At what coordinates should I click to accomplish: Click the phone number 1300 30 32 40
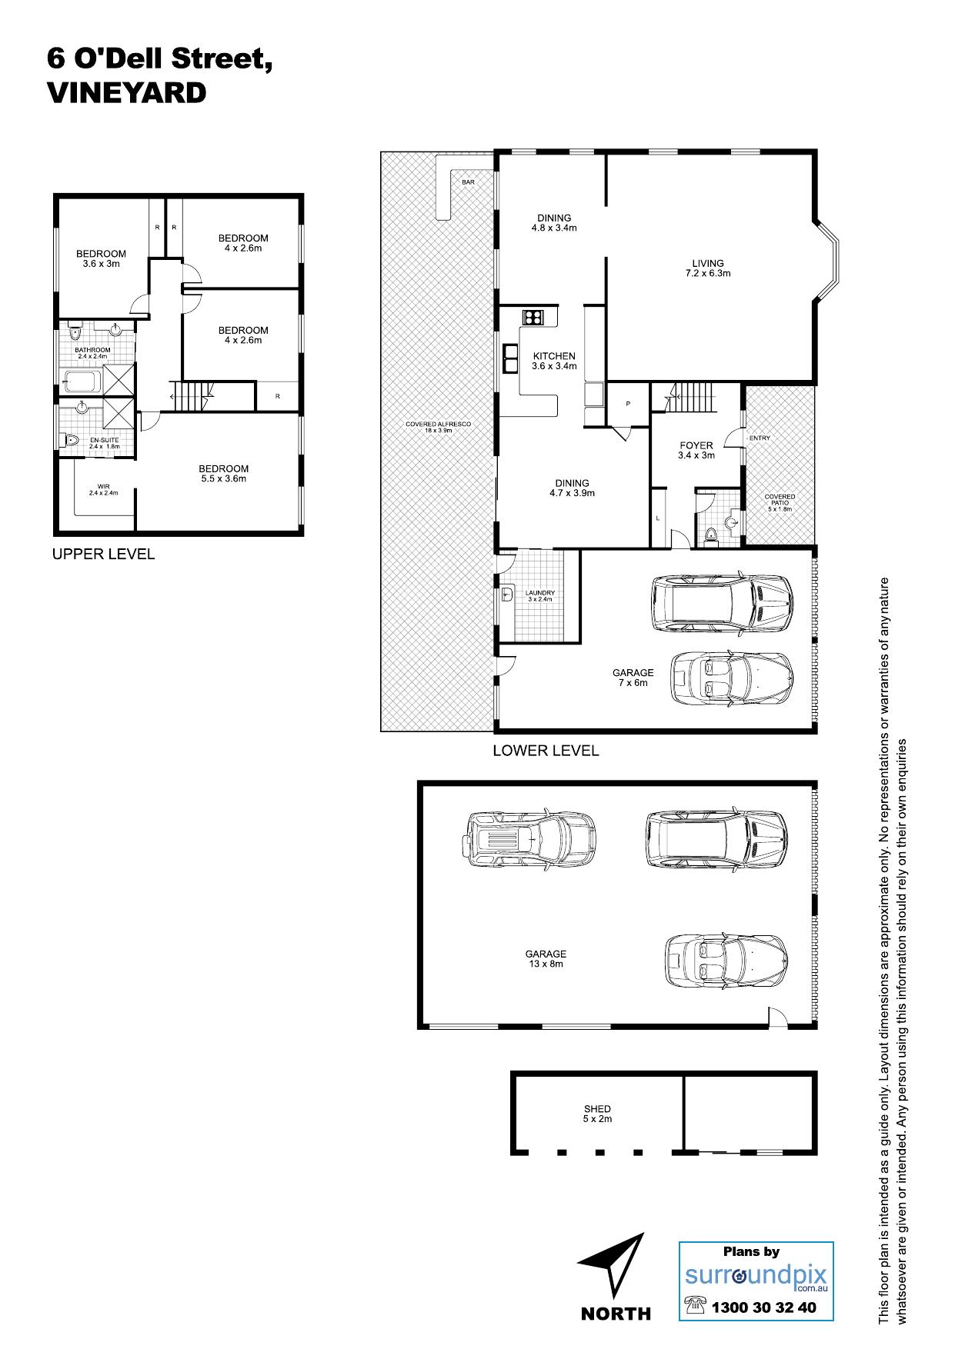click(763, 1307)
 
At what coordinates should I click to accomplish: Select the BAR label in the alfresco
click(468, 182)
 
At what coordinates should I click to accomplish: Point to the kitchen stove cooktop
click(533, 317)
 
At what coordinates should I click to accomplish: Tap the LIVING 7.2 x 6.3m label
click(707, 268)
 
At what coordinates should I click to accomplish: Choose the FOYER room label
click(696, 445)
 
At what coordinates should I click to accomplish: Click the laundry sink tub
click(508, 595)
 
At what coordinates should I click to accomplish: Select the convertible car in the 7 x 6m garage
click(731, 679)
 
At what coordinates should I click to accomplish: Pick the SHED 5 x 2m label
click(597, 1114)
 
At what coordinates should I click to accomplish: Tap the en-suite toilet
click(71, 441)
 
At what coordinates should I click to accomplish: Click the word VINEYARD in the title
click(126, 93)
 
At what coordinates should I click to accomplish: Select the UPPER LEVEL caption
click(103, 554)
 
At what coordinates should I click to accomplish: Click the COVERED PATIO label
click(780, 503)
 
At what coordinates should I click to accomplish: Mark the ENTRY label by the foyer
click(759, 438)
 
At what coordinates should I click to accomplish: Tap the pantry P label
click(627, 403)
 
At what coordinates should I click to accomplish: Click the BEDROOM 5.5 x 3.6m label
click(223, 474)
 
